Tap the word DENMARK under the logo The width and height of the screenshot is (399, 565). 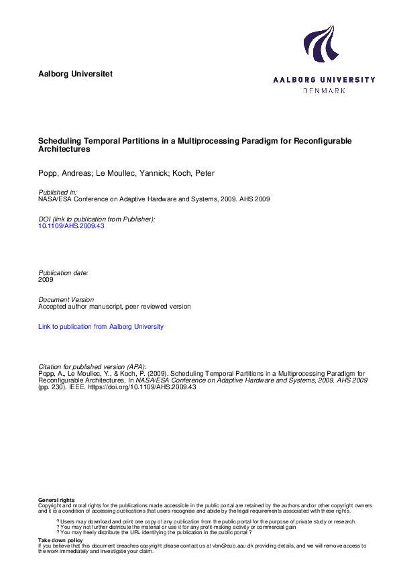click(x=324, y=91)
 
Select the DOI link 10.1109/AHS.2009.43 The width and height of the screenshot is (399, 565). click(x=72, y=226)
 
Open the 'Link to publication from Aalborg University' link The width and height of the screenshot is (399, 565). click(x=101, y=327)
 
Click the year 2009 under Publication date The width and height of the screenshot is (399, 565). click(x=46, y=280)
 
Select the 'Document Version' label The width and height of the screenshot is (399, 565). click(x=66, y=300)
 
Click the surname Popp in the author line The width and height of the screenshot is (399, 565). click(x=48, y=174)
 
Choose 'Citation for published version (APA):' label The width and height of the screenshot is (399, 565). click(x=93, y=367)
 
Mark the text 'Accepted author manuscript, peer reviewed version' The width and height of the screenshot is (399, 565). click(x=115, y=307)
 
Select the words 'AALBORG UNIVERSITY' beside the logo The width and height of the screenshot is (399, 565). click(x=324, y=80)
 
